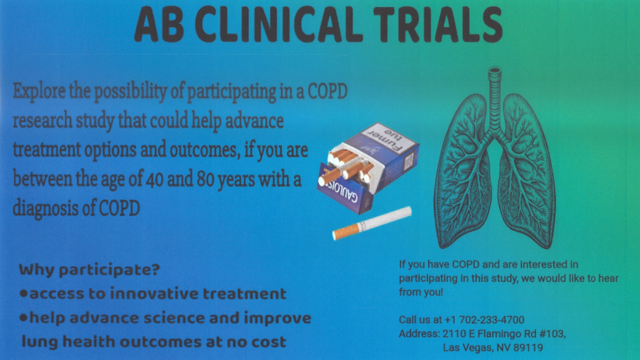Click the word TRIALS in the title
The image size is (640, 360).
tap(438, 25)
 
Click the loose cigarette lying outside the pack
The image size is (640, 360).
tap(372, 223)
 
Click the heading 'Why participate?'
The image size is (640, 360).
tap(89, 270)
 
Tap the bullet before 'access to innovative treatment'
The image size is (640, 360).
tap(23, 293)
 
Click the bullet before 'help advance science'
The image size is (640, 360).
tap(23, 317)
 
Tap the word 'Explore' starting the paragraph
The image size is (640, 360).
tap(39, 91)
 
